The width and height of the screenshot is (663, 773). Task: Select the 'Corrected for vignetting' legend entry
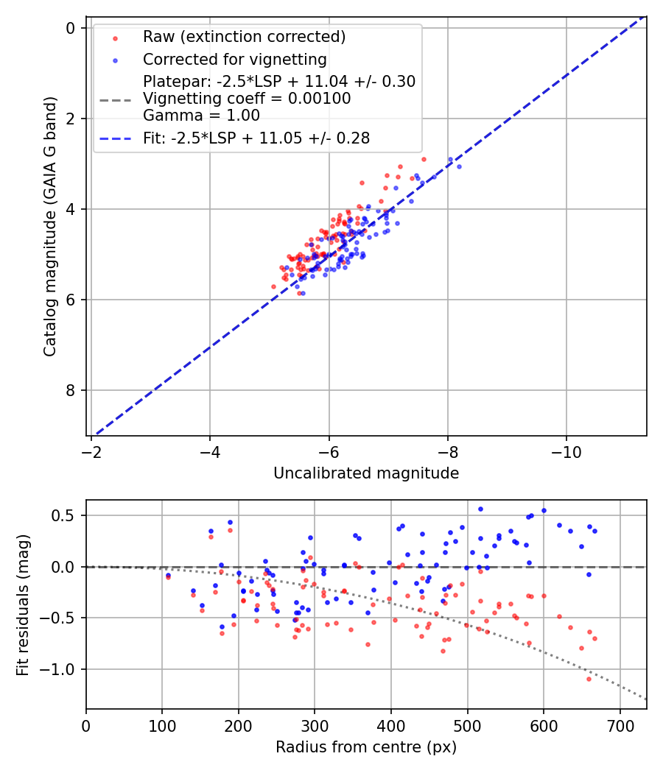click(235, 59)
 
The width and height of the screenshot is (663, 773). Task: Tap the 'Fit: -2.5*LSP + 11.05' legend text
click(256, 138)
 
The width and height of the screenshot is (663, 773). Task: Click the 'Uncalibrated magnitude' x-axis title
click(366, 473)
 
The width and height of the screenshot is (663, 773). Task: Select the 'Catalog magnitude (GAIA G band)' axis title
click(50, 225)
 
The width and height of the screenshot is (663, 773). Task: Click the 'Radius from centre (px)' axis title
click(366, 747)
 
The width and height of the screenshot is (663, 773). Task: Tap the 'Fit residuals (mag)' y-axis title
click(24, 605)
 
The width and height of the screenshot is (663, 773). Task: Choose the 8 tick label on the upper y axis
click(71, 390)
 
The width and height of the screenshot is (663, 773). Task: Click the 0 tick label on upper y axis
click(71, 28)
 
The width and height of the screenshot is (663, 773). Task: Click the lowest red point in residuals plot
click(589, 679)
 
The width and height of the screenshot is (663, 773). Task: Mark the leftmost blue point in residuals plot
click(168, 575)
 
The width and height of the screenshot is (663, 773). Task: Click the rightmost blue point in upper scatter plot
click(459, 166)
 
